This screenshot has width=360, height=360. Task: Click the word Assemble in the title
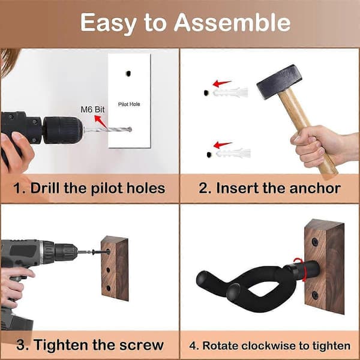click(232, 23)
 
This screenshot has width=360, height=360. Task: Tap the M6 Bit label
click(92, 110)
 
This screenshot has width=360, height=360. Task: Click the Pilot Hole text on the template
click(129, 104)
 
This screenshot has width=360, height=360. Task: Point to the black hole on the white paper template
click(128, 73)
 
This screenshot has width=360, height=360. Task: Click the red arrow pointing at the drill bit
click(101, 122)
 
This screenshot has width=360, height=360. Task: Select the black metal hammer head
click(280, 82)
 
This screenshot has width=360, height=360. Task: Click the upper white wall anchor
click(230, 92)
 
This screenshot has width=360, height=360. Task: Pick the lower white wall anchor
click(233, 153)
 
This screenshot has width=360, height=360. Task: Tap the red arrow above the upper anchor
click(221, 83)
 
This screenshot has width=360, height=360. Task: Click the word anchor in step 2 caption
click(315, 188)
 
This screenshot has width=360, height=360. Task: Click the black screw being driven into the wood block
click(101, 252)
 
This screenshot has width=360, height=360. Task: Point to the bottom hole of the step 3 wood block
click(109, 288)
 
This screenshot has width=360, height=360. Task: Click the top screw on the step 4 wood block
click(315, 242)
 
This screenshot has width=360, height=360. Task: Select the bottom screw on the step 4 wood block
click(315, 295)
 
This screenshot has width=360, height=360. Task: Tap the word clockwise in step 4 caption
click(275, 346)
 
